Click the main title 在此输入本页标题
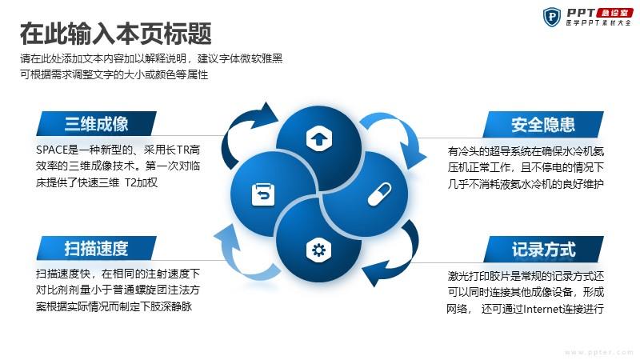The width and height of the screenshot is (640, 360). point(115,34)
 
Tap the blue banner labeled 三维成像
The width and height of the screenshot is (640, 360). point(96,123)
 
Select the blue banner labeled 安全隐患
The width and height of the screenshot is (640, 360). point(543,124)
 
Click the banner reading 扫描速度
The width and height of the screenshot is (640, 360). point(96,248)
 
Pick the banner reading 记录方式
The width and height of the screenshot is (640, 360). point(543,249)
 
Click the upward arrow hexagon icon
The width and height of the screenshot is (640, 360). point(318,138)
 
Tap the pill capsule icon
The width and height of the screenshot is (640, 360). point(379,194)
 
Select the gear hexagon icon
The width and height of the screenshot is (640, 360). point(318,250)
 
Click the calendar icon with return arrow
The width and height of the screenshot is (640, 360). point(263,194)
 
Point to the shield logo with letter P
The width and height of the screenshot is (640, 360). point(552,17)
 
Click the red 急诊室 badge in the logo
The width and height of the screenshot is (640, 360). point(614,13)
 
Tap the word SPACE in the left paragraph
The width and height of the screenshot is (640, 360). point(51,150)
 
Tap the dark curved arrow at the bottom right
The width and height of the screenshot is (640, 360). point(393,254)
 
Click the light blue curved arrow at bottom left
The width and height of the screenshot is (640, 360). point(244,254)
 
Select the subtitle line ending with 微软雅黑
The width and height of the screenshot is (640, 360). point(151,58)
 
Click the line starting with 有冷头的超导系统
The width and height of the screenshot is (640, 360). point(526,151)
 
